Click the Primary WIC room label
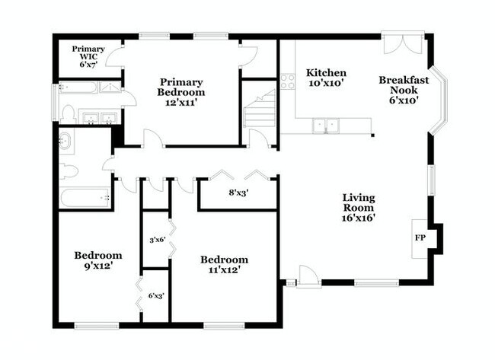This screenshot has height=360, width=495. click(x=88, y=56)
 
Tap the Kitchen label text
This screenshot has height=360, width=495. click(x=326, y=78)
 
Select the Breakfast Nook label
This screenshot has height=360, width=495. click(x=404, y=89)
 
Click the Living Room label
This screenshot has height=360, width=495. click(x=358, y=207)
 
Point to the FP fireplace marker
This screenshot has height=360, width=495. click(x=420, y=237)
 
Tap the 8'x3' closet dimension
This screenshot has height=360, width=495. click(x=238, y=193)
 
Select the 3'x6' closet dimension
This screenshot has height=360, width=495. click(x=156, y=240)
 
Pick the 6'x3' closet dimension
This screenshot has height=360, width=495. click(x=156, y=296)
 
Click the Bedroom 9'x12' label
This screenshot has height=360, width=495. click(x=97, y=260)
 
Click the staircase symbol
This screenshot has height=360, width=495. click(x=260, y=110)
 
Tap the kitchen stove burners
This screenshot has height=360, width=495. click(x=287, y=81)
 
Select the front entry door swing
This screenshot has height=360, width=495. click(x=308, y=276)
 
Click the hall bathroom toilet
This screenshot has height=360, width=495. click(x=69, y=170)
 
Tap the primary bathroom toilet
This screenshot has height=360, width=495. click(x=68, y=113)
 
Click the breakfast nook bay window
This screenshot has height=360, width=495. click(x=439, y=99)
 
